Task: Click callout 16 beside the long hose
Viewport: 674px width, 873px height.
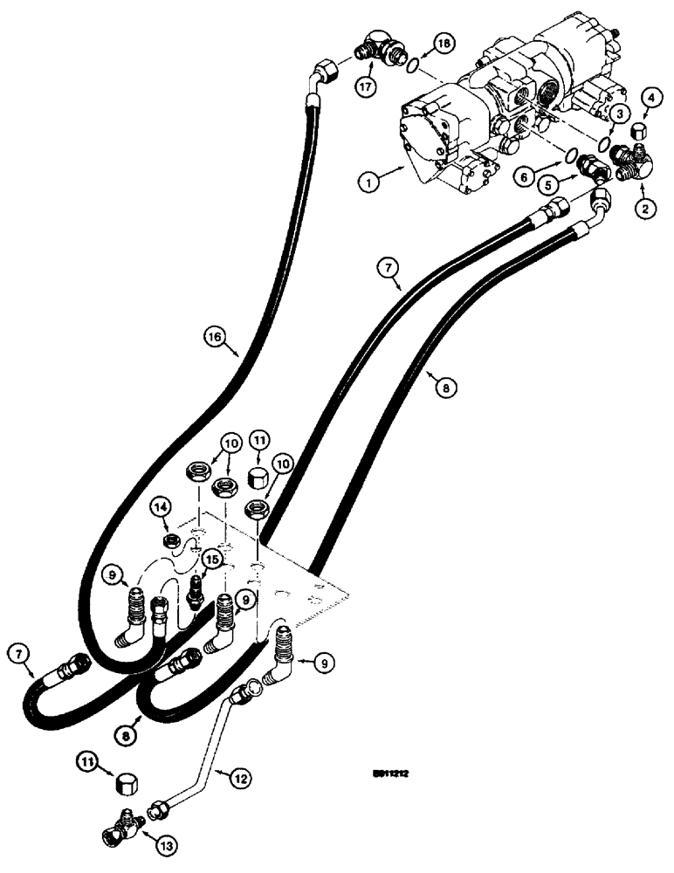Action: click(215, 335)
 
